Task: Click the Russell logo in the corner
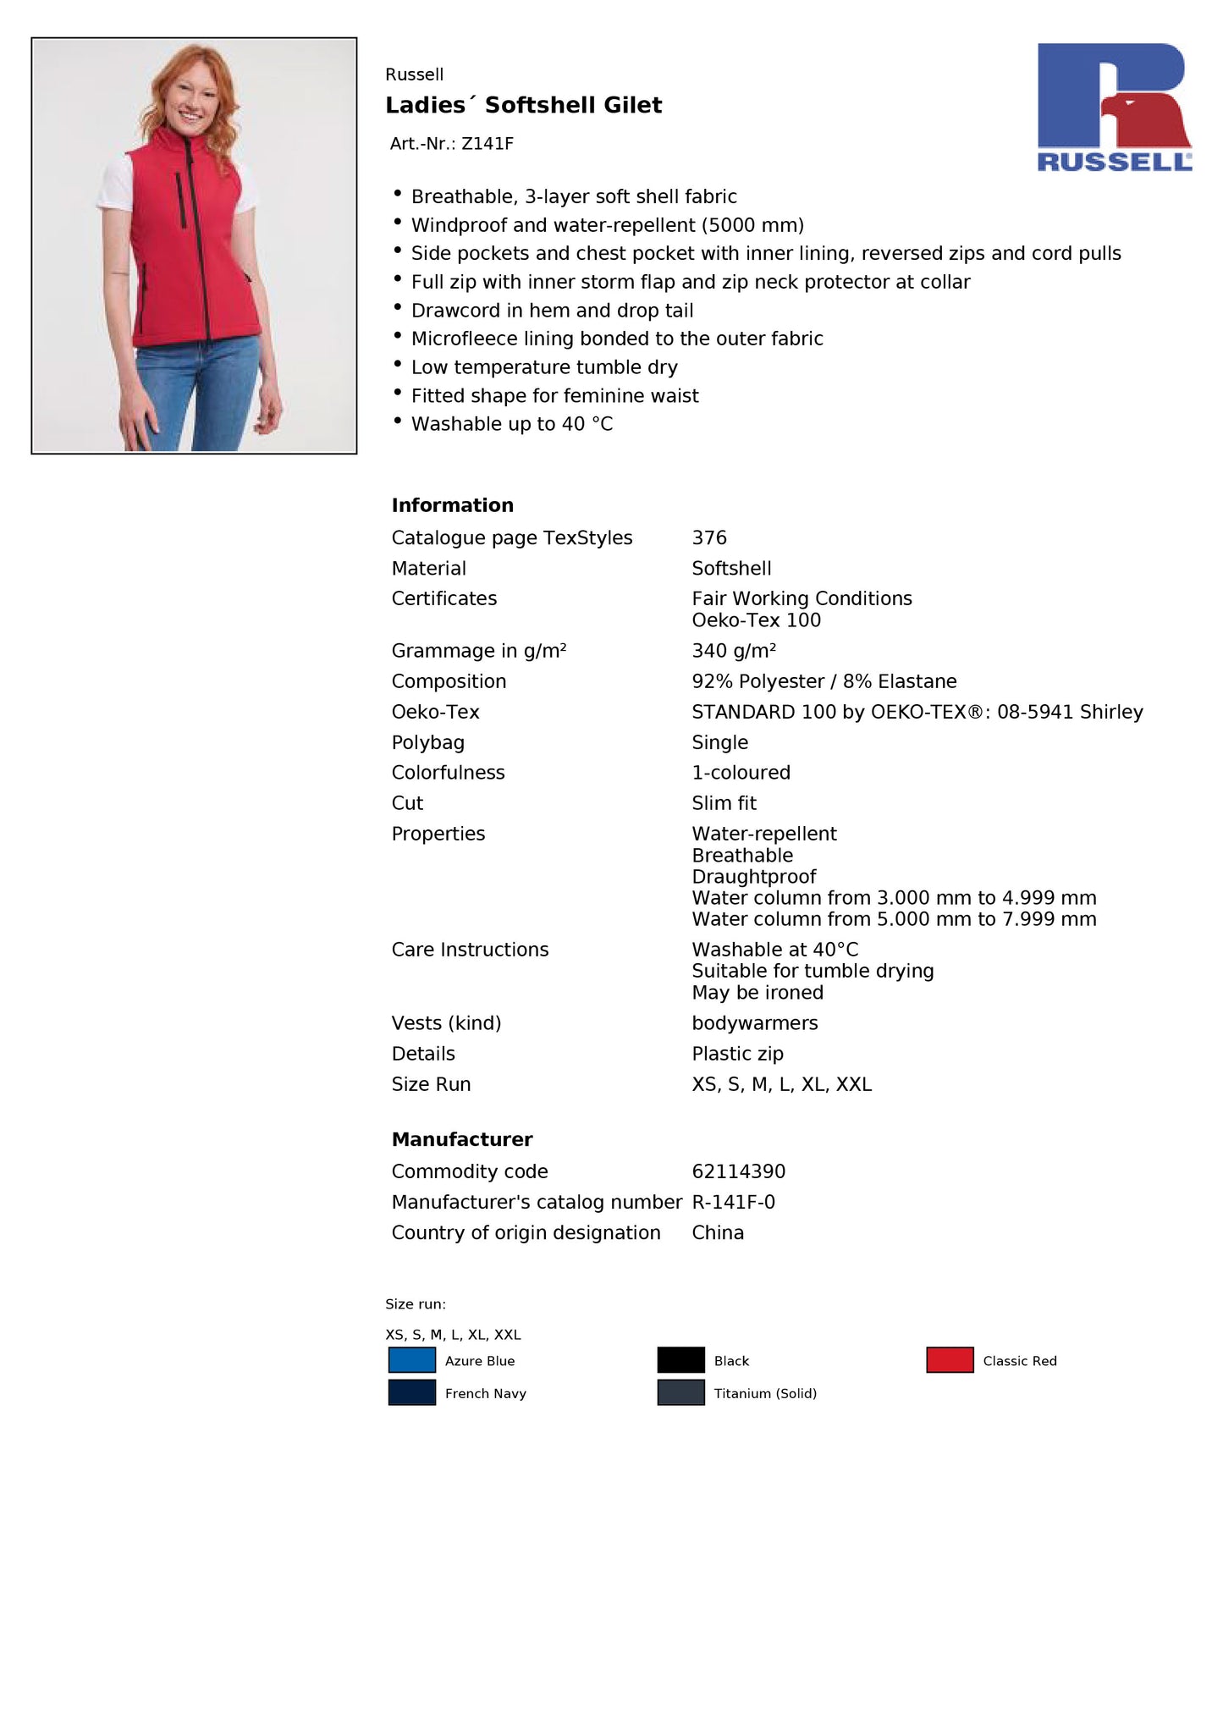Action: coord(1114,107)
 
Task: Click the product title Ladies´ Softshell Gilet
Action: coord(523,105)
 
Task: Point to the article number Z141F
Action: coord(487,144)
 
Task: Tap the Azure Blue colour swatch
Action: coord(411,1359)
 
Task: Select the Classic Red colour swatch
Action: coord(949,1359)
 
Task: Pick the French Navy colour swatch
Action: coord(411,1392)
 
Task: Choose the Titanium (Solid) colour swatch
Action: coord(680,1392)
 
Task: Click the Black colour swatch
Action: coord(680,1359)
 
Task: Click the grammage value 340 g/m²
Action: coord(733,651)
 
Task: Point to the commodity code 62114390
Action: coord(738,1171)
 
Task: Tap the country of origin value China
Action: coord(718,1232)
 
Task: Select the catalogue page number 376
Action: coord(709,538)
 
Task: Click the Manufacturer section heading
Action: coord(462,1139)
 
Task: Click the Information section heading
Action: coord(452,505)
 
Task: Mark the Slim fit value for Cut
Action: coord(724,803)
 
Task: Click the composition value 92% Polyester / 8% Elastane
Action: coord(824,681)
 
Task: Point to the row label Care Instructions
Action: coord(470,950)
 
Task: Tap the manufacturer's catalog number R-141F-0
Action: coord(733,1202)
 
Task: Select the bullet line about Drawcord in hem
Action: coord(552,311)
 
